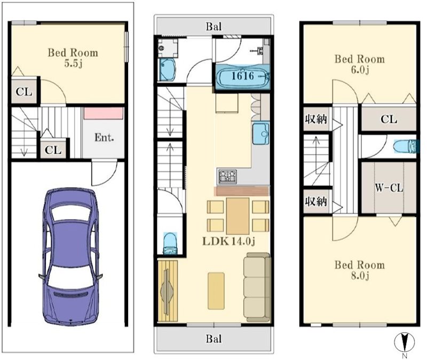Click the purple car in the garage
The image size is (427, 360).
tap(70, 256)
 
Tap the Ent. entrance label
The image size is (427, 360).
tap(104, 137)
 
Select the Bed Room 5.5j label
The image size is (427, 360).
tap(73, 58)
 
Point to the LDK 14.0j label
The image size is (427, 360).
tap(229, 241)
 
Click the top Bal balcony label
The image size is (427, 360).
tap(214, 27)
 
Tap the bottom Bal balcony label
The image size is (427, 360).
tap(214, 339)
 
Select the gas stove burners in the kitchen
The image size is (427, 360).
tap(227, 176)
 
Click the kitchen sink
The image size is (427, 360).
tap(261, 133)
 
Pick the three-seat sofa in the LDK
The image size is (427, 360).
tap(257, 287)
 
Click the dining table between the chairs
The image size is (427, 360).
tap(238, 216)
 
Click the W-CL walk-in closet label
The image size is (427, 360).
tap(389, 188)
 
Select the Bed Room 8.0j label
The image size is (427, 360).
tap(359, 270)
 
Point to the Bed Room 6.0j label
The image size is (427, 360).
tap(359, 64)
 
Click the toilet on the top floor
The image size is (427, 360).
tap(405, 146)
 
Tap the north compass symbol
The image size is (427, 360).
tap(405, 342)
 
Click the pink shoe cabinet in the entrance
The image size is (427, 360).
tap(104, 113)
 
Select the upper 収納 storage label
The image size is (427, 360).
tap(316, 119)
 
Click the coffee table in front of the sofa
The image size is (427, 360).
tap(216, 291)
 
